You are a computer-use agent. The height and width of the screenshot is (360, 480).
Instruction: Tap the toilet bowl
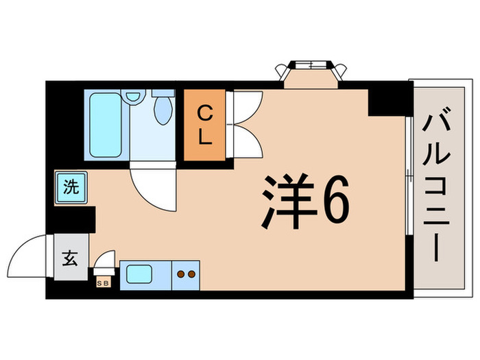coord(163,110)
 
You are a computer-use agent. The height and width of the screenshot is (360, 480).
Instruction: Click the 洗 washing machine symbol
coord(71,186)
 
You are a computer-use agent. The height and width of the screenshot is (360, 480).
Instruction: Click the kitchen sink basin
coord(144,276)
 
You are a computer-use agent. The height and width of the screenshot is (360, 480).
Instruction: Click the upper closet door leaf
coord(245,107)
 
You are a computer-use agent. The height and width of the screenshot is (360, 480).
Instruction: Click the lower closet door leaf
coord(245,140)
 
